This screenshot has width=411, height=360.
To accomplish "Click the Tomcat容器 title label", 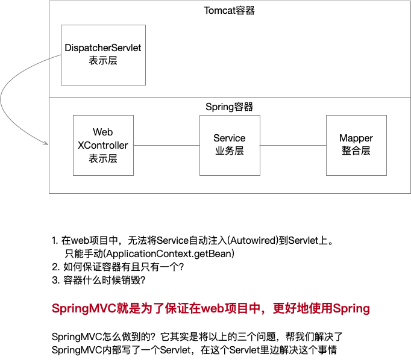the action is click(x=230, y=10).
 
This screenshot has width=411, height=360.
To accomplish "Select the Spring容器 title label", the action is click(x=230, y=107).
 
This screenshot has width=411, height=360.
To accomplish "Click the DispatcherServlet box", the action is click(x=103, y=55).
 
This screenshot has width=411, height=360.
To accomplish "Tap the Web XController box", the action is click(x=103, y=145).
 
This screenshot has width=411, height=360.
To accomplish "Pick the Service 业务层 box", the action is click(x=230, y=145).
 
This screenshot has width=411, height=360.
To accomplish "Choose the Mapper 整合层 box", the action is click(x=357, y=145).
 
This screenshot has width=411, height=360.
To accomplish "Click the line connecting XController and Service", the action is click(x=167, y=145).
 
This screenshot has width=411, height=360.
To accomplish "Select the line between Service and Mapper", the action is click(x=293, y=145).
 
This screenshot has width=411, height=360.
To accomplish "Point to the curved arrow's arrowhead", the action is click(x=46, y=143).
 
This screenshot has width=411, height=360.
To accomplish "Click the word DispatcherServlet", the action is click(x=103, y=48).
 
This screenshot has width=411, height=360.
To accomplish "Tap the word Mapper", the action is click(x=356, y=138).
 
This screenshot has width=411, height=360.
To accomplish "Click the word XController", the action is click(x=103, y=145).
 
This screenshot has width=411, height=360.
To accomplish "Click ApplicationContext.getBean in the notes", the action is click(x=169, y=253).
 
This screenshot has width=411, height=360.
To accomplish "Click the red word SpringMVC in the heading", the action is click(x=84, y=308).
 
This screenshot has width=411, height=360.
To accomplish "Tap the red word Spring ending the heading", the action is click(x=351, y=309).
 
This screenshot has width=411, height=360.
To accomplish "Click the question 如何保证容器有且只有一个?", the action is click(x=124, y=267).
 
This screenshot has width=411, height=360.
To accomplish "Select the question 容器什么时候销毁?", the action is click(x=104, y=281).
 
